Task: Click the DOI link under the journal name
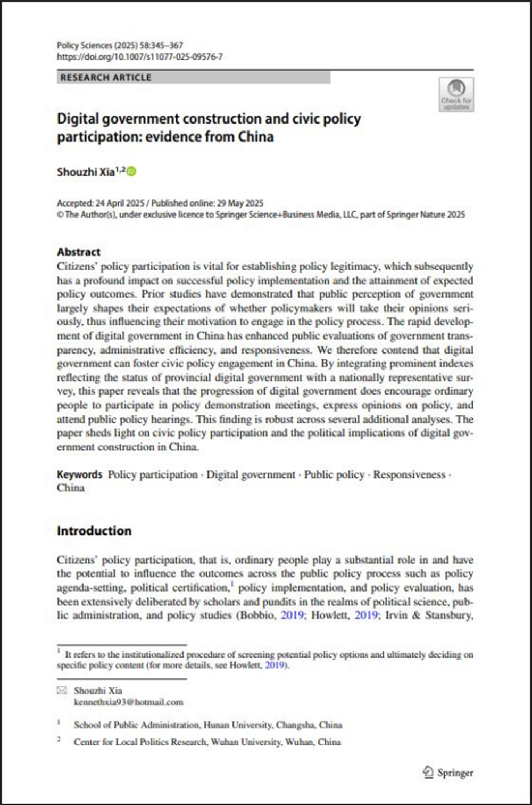(139, 56)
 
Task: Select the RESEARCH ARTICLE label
(106, 78)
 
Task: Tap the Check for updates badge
(456, 94)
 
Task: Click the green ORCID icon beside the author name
(131, 171)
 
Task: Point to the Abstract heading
(79, 252)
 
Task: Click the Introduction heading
(94, 531)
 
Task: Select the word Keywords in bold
(79, 474)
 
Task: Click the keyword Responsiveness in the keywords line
(409, 474)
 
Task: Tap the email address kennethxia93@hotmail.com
(128, 702)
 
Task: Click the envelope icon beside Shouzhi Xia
(62, 691)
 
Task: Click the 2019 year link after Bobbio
(292, 615)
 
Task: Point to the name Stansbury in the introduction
(449, 615)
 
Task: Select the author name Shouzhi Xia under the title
(85, 172)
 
